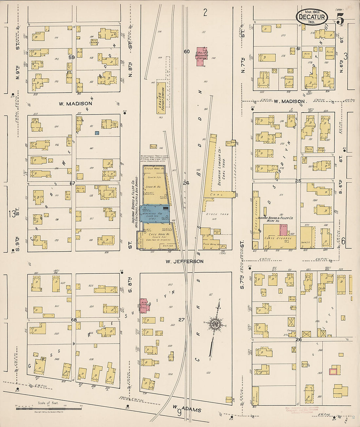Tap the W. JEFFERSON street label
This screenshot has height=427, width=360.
coord(184,261)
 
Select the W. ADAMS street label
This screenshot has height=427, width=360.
coord(187,409)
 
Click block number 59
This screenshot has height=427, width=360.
coord(72,57)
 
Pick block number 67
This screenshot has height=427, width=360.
coord(72,184)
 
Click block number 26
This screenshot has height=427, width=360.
coord(298,339)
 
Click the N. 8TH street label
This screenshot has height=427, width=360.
coord(130,70)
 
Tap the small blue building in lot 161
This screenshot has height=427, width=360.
coord(97,133)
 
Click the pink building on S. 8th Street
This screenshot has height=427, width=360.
coord(143,305)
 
